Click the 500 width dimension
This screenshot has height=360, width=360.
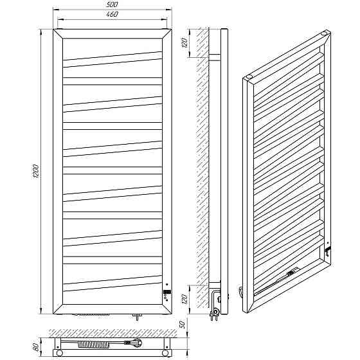tap(113, 4)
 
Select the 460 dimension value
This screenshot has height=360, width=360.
tap(113, 14)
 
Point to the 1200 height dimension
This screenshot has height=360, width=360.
tap(36, 171)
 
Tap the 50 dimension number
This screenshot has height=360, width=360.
tap(183, 325)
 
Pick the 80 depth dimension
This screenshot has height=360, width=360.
tap(36, 347)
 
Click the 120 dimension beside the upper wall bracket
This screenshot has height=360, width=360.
tap(185, 42)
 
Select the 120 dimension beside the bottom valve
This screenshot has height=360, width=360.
tap(185, 298)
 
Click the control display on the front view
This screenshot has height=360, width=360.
tap(167, 292)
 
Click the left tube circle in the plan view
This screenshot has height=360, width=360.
tap(59, 352)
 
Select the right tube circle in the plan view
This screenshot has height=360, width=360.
tap(165, 352)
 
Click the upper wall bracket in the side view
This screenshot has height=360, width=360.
tap(214, 58)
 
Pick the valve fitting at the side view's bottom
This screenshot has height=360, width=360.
tap(216, 305)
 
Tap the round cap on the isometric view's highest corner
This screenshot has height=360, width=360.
tap(325, 33)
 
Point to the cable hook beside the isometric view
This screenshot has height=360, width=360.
tap(240, 291)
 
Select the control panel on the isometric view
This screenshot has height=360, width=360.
tap(327, 249)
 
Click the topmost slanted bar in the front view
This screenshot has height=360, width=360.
tap(113, 59)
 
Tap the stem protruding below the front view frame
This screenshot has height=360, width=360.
tap(137, 317)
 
